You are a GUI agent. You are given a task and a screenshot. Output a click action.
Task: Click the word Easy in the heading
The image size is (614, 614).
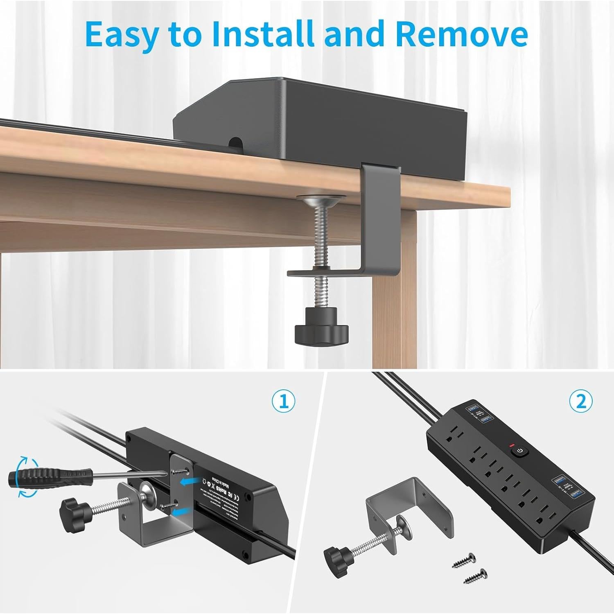tap(122, 35)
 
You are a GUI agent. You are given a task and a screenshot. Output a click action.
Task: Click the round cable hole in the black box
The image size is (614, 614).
tap(235, 142)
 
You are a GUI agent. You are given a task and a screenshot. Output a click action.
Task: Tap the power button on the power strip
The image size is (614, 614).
tap(519, 451)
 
